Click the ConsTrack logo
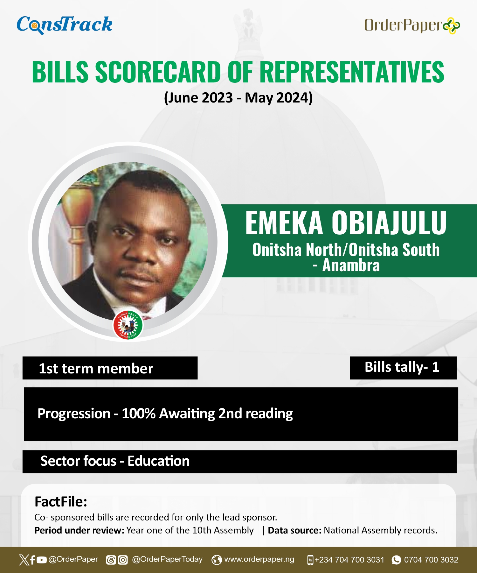(65, 25)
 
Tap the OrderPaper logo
(412, 25)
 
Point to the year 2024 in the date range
(292, 97)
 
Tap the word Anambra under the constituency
(351, 265)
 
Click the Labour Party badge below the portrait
(128, 325)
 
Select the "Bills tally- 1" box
(403, 368)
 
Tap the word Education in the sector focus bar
(159, 461)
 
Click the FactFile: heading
(61, 502)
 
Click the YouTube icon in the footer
(42, 560)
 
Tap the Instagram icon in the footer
(123, 560)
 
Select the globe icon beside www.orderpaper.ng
(217, 560)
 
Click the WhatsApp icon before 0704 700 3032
(396, 560)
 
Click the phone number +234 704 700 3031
(349, 560)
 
